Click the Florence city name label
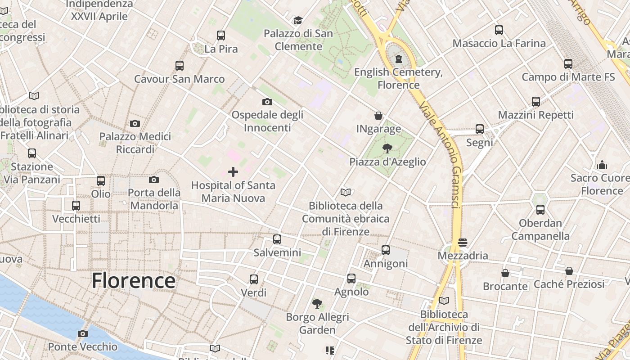133,280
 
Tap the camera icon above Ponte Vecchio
82,333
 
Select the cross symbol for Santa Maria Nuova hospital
233,171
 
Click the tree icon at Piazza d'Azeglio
387,148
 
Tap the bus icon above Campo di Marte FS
568,64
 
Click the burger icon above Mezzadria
463,243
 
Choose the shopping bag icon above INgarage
378,116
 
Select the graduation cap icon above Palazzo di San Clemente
298,20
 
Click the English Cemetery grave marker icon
398,58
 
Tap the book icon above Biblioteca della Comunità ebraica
345,193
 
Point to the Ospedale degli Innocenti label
267,121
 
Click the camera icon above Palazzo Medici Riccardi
135,123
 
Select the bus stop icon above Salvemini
277,239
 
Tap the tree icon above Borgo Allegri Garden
317,304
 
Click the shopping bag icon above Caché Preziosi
569,271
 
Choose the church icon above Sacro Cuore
602,165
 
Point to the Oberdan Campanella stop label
540,229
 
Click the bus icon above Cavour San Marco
180,66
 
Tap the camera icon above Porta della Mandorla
154,180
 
